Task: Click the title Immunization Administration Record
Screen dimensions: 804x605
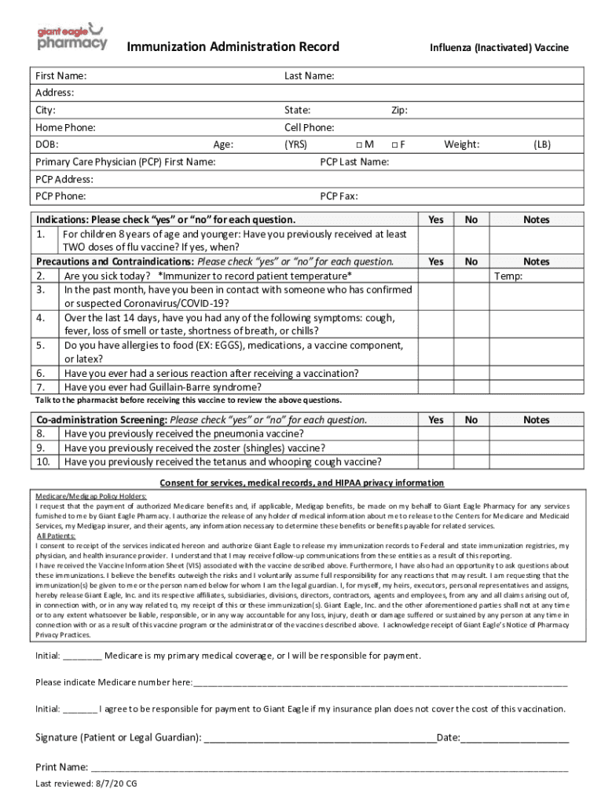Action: tap(233, 47)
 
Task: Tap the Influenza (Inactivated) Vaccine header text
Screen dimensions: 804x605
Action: tap(498, 48)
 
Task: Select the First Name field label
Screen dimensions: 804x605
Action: tap(61, 76)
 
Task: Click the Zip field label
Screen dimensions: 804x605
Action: tap(399, 111)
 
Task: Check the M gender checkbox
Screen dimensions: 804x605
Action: tap(357, 144)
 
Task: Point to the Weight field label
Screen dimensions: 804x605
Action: tap(461, 144)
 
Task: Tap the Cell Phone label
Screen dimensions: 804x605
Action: tap(310, 127)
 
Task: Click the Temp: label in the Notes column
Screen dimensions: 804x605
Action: tap(508, 276)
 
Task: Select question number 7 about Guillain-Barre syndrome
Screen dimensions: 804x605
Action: tap(163, 387)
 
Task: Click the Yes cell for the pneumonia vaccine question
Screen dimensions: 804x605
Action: tap(435, 433)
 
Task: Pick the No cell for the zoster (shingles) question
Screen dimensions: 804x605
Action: tap(471, 448)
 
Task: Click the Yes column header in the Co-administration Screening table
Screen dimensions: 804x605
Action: tap(435, 420)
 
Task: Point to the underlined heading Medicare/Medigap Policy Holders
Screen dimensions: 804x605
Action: tap(91, 496)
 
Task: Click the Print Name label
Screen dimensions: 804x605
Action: tap(61, 767)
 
